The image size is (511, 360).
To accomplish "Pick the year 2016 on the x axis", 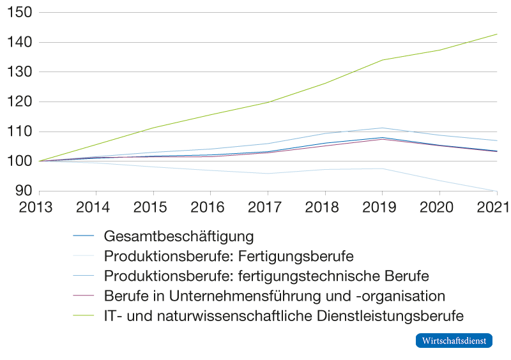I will pyautogui.click(x=208, y=207).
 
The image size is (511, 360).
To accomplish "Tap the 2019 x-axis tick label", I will pyautogui.click(x=379, y=207).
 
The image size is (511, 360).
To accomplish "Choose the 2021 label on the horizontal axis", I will pyautogui.click(x=494, y=207).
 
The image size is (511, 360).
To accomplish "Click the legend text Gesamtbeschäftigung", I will pyautogui.click(x=179, y=236).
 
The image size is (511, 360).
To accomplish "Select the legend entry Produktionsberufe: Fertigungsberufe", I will pyautogui.click(x=228, y=257).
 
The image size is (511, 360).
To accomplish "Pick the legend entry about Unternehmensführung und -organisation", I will pyautogui.click(x=274, y=296).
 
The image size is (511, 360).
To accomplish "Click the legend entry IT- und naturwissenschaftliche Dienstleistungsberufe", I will pyautogui.click(x=283, y=316).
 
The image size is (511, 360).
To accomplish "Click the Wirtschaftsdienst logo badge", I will pyautogui.click(x=454, y=341).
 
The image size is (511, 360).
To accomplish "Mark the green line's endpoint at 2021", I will pyautogui.click(x=497, y=34).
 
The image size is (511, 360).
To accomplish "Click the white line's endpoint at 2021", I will pyautogui.click(x=497, y=191).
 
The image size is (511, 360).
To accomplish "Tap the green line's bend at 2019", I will pyautogui.click(x=382, y=60).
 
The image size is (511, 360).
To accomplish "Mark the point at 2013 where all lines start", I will pyautogui.click(x=40, y=161).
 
